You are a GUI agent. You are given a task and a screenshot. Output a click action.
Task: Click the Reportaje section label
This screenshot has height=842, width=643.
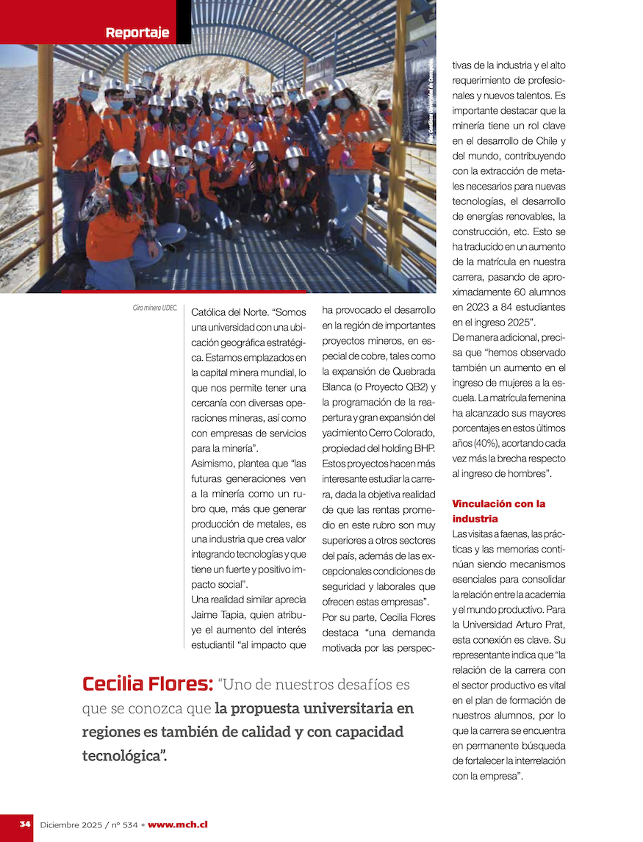(137, 32)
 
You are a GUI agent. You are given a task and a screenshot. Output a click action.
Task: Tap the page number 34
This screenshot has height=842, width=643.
(25, 824)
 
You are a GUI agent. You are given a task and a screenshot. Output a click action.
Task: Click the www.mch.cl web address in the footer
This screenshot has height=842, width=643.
(178, 824)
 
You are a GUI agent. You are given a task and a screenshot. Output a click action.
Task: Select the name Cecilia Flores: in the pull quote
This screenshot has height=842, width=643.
(148, 685)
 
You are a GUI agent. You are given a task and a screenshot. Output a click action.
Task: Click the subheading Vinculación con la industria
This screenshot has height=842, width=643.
(499, 511)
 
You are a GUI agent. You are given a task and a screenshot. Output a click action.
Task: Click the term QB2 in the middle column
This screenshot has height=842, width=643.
(414, 386)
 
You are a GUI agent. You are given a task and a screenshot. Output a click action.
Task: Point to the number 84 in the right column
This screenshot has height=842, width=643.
(492, 307)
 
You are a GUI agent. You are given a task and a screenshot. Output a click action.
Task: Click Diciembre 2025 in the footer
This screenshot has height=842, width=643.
(72, 824)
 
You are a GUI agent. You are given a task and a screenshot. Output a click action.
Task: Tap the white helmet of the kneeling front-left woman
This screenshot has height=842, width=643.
(124, 158)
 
